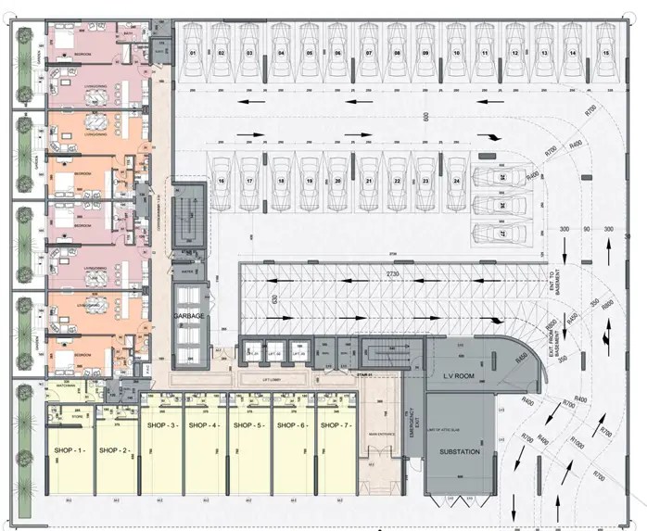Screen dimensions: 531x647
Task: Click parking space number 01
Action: [194, 54]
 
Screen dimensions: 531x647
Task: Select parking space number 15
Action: [606, 54]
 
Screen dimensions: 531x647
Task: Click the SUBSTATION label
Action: [460, 451]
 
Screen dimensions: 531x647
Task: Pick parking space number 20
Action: [338, 181]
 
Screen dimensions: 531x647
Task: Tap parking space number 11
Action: [485, 54]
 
